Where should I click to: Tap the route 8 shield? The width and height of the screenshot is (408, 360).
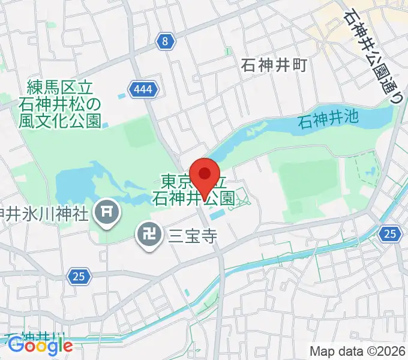pos(166,41)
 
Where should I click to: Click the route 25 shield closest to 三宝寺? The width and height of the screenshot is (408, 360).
pos(77,277)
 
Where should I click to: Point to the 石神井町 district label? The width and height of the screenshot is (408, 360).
pos(274,64)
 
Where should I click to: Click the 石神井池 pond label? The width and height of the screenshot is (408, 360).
pos(329,118)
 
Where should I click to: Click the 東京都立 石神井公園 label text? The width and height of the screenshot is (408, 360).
pos(193,190)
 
